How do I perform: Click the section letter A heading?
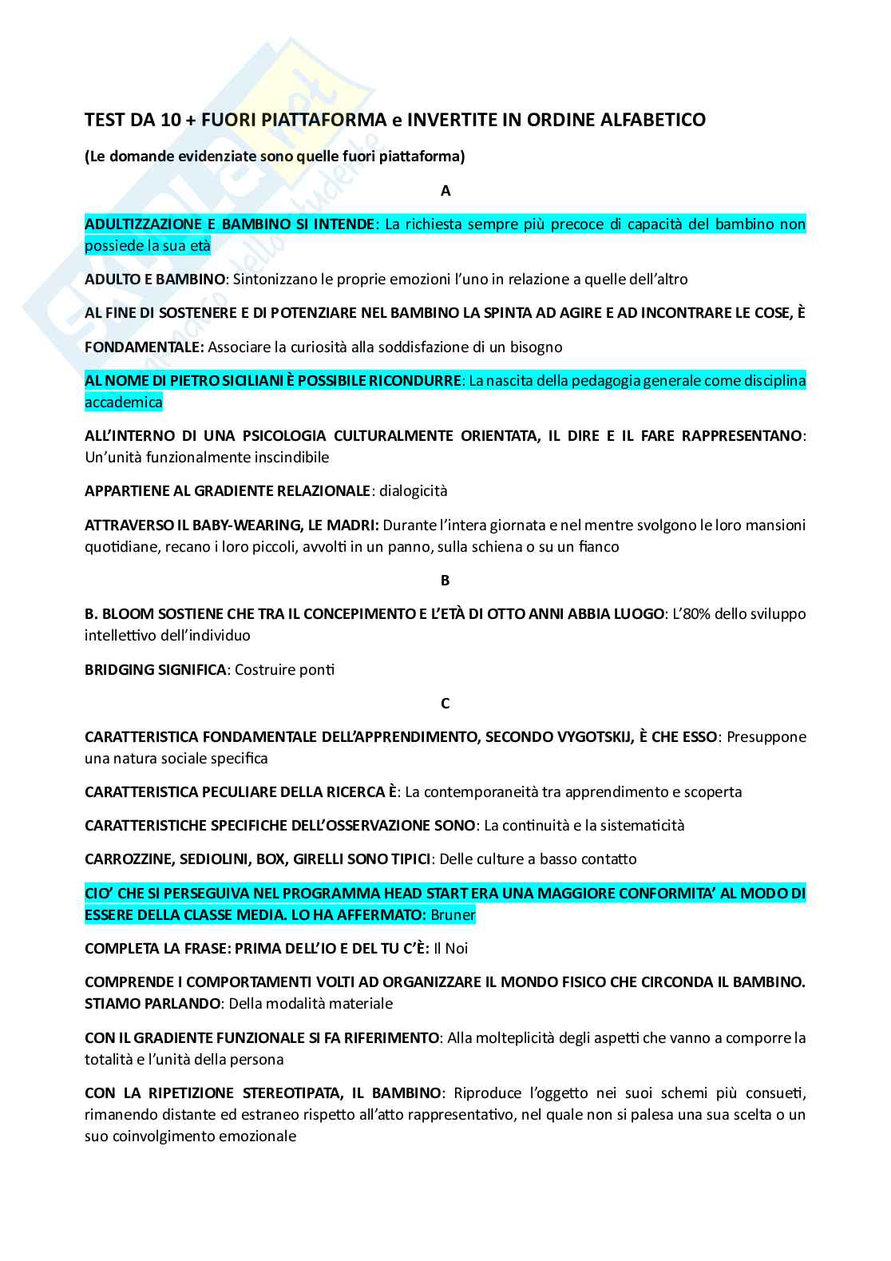click(x=445, y=191)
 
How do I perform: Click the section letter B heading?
click(x=445, y=581)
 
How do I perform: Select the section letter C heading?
click(x=445, y=704)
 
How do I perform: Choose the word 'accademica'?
click(x=123, y=402)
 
